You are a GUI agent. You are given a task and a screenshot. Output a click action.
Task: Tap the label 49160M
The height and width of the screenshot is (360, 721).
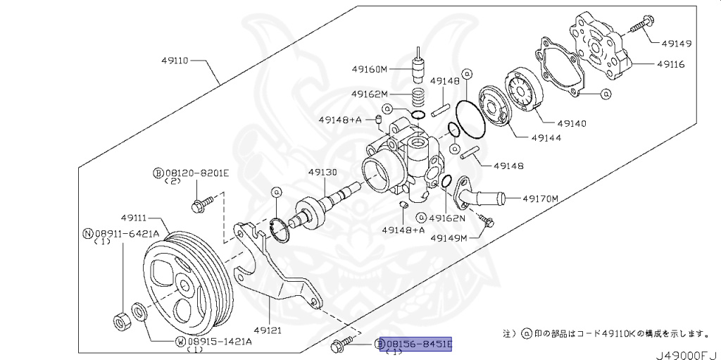pyautogui.click(x=371, y=69)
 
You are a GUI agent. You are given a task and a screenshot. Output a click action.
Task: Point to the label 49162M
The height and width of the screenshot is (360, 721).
pyautogui.click(x=370, y=94)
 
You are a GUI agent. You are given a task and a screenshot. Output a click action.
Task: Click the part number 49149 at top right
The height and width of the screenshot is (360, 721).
pyautogui.click(x=675, y=44)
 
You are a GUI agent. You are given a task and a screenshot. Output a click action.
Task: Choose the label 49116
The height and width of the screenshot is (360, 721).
pyautogui.click(x=675, y=64)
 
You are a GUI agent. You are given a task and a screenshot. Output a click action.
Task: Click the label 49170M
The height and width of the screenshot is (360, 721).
pyautogui.click(x=540, y=199)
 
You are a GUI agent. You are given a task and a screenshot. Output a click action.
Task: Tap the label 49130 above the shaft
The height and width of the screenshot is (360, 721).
pyautogui.click(x=322, y=172)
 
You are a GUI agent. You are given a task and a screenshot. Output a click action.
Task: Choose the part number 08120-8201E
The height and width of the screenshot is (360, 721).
pyautogui.click(x=192, y=173)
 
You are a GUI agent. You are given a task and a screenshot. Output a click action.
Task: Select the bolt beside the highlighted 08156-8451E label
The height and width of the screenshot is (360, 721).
pyautogui.click(x=339, y=345)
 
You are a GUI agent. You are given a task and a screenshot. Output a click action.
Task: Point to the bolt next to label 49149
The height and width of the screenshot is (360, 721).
pyautogui.click(x=638, y=26)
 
